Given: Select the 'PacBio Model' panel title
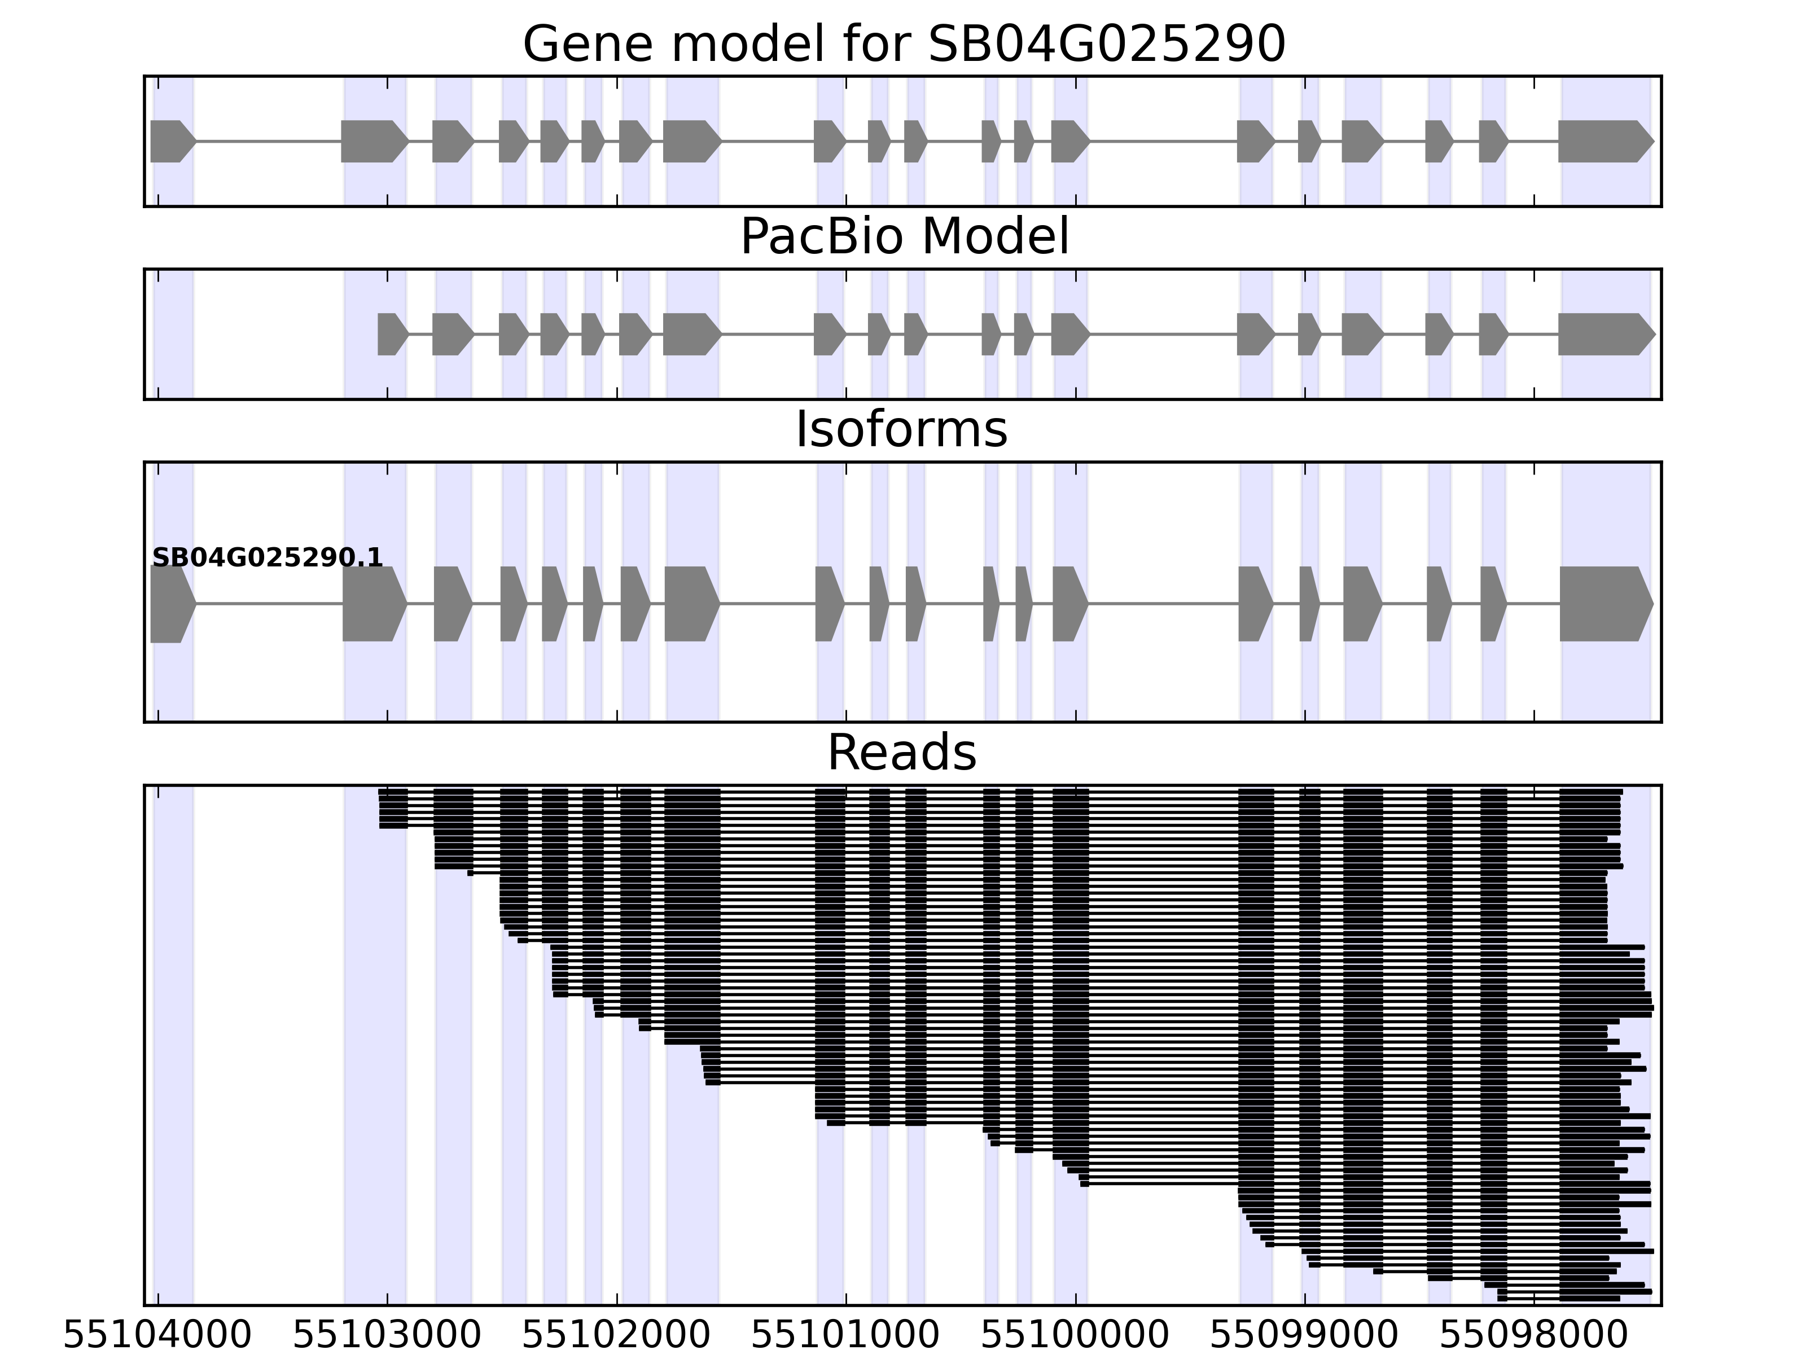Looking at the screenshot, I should point(904,237).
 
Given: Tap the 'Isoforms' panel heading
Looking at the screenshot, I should point(901,429).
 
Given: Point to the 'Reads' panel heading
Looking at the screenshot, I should point(901,753).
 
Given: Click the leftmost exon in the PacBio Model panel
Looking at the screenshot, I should point(392,334).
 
